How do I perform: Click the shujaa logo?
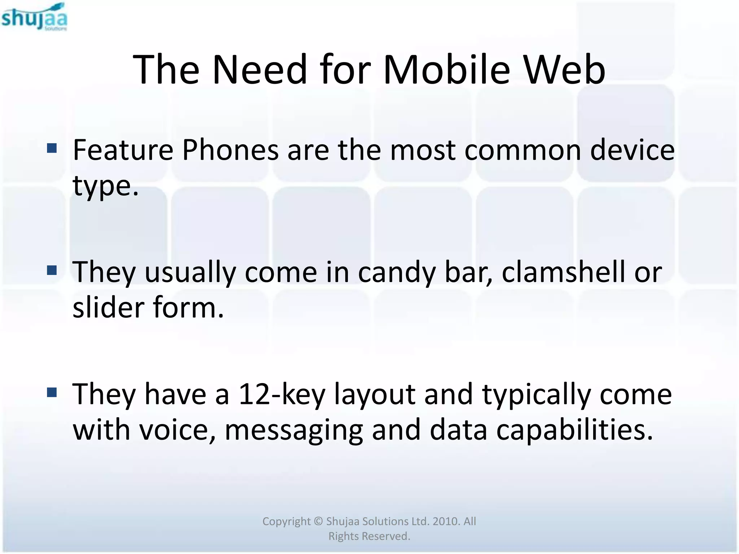[x=34, y=17]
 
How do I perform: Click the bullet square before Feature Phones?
[x=52, y=148]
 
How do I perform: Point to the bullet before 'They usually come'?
[x=52, y=270]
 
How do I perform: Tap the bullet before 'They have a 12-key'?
[x=52, y=392]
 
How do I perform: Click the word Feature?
[x=123, y=150]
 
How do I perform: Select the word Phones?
[x=230, y=150]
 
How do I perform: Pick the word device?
[x=632, y=150]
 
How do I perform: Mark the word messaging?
[x=294, y=431]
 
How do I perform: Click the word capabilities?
[x=574, y=430]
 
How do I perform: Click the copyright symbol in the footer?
[x=318, y=522]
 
